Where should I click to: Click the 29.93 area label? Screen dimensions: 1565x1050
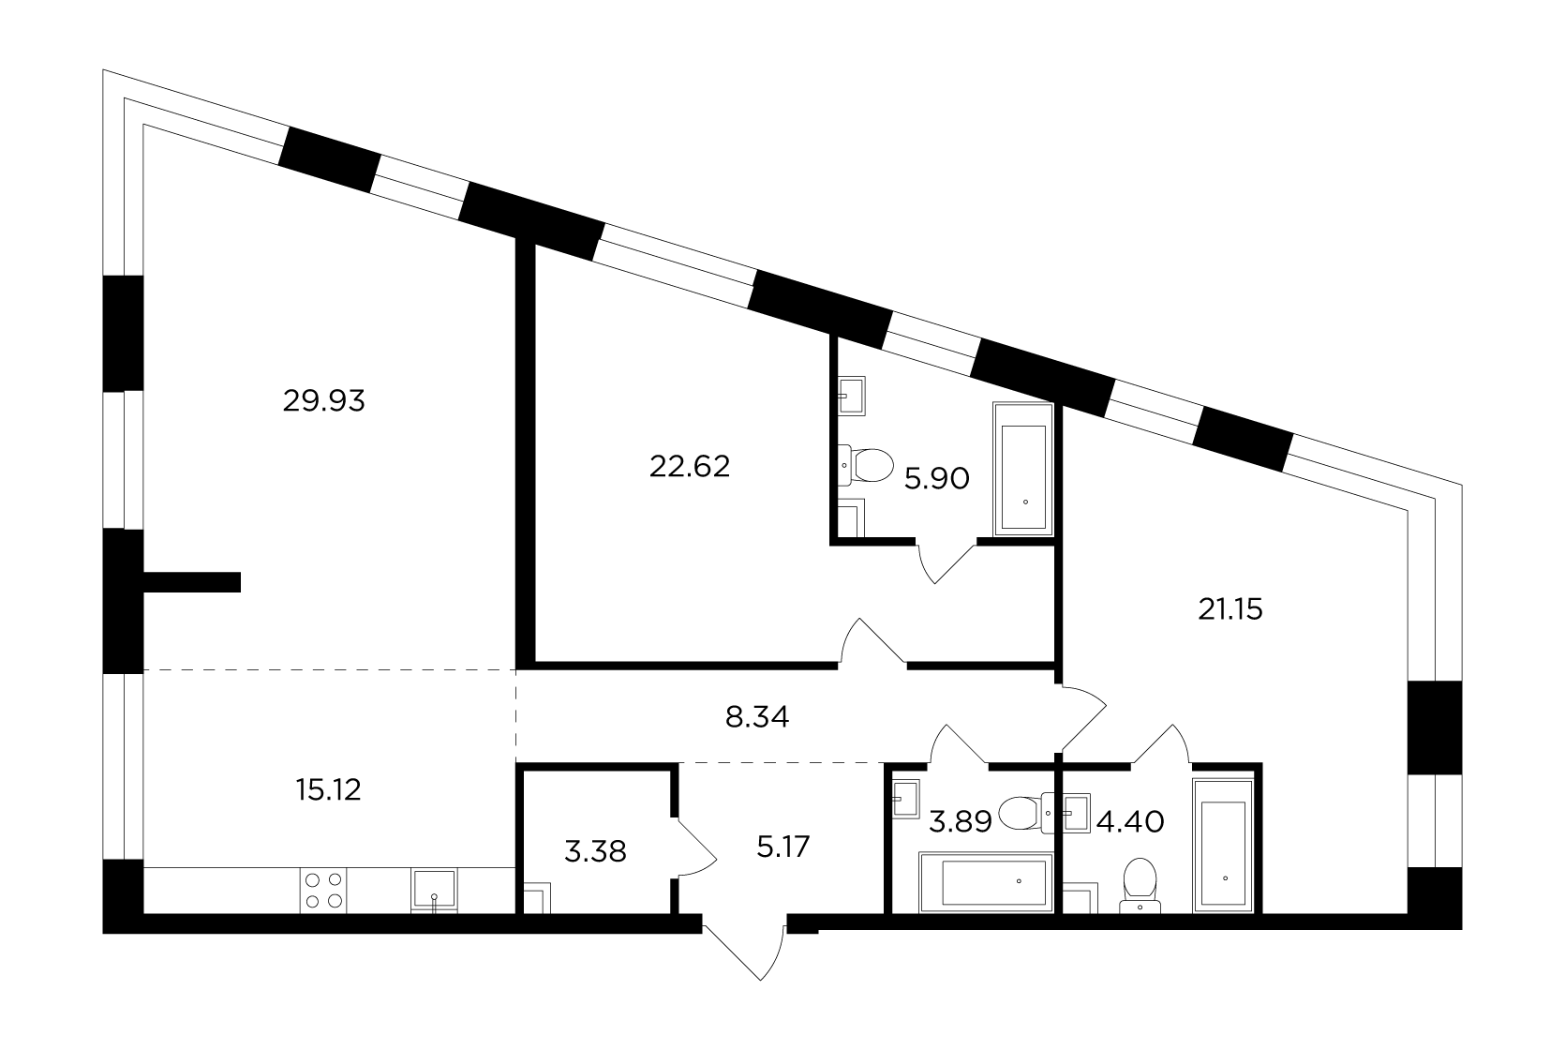point(323,401)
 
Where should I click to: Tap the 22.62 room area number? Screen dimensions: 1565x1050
point(690,466)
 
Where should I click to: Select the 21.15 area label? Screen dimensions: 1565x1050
point(1230,609)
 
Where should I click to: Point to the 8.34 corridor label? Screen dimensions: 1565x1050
point(757,717)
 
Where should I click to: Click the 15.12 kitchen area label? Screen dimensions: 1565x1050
point(328,790)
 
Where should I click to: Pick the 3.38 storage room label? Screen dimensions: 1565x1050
point(595,852)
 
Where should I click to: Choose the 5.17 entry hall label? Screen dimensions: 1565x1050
point(782,847)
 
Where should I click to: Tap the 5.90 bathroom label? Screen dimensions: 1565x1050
point(937,479)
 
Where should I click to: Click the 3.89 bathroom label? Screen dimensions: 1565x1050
point(960,822)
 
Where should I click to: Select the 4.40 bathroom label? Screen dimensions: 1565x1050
point(1130,822)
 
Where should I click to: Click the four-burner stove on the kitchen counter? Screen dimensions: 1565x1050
point(323,890)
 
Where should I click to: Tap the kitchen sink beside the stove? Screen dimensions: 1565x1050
point(434,890)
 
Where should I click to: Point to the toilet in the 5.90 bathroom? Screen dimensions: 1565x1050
point(866,465)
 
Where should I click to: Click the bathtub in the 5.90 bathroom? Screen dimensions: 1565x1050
point(1023,469)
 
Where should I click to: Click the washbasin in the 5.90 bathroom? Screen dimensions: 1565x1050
point(852,396)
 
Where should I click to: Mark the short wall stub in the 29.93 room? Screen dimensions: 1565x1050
point(192,582)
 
